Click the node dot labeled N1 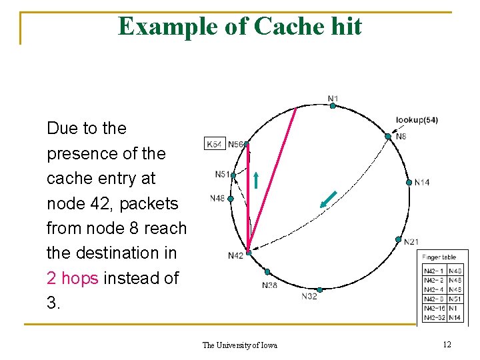(332, 105)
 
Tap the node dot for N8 (388, 136)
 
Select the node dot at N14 (409, 182)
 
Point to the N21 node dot (398, 239)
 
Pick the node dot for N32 (320, 289)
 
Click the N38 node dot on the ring (267, 272)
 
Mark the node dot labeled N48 (231, 199)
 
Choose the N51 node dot (233, 175)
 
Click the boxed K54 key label (215, 144)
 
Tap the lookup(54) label (417, 120)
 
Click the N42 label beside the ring (235, 255)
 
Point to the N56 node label (235, 144)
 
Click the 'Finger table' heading (440, 257)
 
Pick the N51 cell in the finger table (456, 299)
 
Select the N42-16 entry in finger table (435, 309)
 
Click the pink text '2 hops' (73, 278)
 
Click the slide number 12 (447, 344)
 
